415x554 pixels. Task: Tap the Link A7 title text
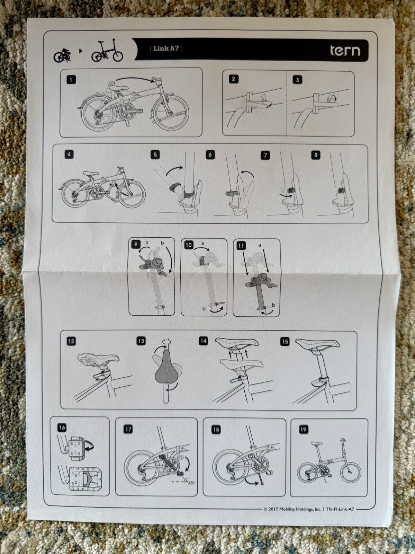(x=166, y=49)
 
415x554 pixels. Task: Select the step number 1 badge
(x=71, y=80)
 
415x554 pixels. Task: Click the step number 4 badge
(x=69, y=154)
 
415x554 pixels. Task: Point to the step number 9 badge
(x=136, y=245)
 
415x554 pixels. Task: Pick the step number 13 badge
(x=141, y=341)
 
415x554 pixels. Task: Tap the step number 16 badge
(x=62, y=427)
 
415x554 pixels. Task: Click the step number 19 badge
(x=304, y=429)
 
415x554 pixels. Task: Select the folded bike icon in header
(x=62, y=55)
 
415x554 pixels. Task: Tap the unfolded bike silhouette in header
(x=107, y=51)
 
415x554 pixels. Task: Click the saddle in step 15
(x=317, y=344)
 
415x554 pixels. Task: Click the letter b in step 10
(x=204, y=308)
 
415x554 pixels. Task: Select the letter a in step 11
(x=260, y=245)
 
